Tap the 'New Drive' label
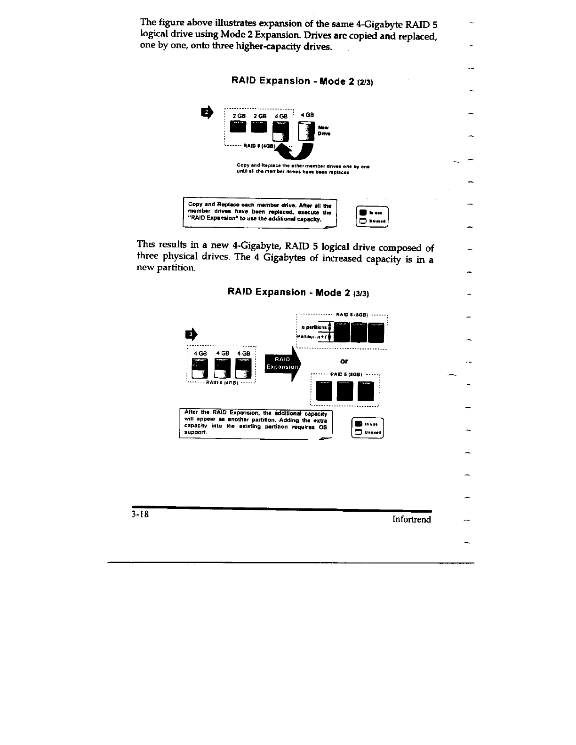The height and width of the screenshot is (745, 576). (x=324, y=130)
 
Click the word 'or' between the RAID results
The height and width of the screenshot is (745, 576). (x=344, y=361)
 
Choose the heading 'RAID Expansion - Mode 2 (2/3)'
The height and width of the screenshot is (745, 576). (x=303, y=81)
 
